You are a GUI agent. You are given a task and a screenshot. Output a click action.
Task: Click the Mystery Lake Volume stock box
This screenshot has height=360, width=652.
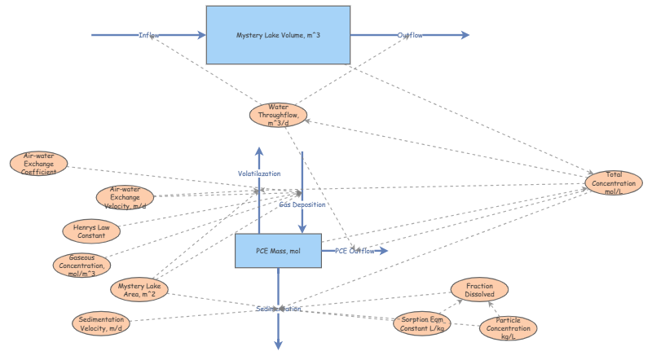coord(278,35)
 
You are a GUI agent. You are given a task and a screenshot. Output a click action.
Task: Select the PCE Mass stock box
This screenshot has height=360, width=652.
coord(277,251)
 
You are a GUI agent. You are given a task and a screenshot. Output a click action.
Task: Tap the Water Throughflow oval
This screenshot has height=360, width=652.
coord(278,115)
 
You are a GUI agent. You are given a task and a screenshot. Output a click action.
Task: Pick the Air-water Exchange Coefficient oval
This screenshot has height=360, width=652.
coord(39,163)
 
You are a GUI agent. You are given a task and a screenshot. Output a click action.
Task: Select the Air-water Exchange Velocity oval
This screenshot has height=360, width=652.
coord(124,196)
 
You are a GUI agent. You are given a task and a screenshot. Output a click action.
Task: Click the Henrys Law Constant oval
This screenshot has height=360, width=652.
coord(91,230)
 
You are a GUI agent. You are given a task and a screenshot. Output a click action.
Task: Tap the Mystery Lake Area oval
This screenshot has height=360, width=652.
coord(142,289)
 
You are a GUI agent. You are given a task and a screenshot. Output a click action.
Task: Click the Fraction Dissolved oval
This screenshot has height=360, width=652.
coord(479,289)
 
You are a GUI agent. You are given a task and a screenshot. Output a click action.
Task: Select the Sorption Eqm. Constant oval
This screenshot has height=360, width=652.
coord(422,323)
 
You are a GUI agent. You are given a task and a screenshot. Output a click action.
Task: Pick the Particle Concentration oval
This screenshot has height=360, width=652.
coord(508,327)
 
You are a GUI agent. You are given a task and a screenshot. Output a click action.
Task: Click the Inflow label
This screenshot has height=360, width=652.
coord(149,35)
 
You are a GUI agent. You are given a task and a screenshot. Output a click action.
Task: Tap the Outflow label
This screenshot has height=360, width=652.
coord(409,35)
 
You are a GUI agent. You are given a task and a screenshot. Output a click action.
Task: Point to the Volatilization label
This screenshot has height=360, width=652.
coord(259,173)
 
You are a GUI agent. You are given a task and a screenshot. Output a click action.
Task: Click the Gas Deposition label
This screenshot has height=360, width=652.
coord(302,204)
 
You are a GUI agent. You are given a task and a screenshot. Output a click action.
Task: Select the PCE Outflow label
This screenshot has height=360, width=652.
coord(355,251)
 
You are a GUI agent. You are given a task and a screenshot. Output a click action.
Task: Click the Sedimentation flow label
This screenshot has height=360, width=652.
coord(278,310)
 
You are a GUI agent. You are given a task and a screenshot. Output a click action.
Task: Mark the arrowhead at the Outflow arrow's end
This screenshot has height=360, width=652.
coord(465,35)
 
